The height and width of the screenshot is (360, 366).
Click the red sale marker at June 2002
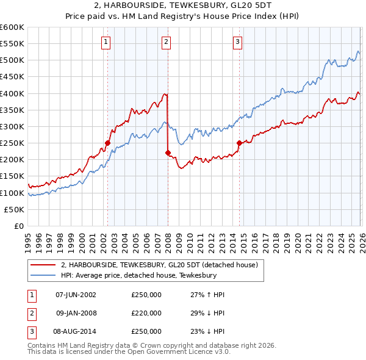tap(107, 143)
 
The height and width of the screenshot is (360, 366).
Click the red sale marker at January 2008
tap(168, 153)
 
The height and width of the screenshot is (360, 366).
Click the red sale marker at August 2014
tap(239, 143)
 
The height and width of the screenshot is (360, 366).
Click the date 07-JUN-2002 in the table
tap(76, 295)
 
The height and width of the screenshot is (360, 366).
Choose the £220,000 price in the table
tap(146, 313)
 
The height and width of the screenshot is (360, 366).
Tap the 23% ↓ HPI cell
tap(208, 331)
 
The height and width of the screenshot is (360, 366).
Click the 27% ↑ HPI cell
tap(208, 295)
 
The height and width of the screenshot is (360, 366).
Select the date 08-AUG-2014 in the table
tap(76, 331)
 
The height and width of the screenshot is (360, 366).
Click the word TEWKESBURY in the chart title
tap(182, 5)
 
